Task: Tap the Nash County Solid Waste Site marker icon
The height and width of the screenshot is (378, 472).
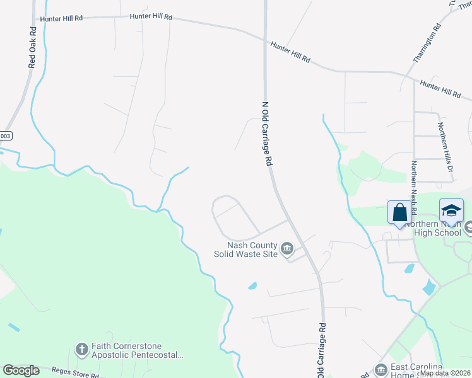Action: [x=287, y=249]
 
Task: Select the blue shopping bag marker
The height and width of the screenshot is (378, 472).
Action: [x=399, y=212]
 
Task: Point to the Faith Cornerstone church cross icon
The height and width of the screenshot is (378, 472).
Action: [x=81, y=348]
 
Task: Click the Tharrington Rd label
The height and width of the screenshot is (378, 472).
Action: [x=435, y=43]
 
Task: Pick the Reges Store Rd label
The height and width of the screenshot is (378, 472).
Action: [x=75, y=374]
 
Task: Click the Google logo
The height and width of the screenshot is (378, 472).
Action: [x=21, y=370]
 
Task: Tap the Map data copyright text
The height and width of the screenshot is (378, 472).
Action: [x=445, y=373]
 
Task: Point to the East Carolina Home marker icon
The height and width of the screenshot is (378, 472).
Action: [x=381, y=370]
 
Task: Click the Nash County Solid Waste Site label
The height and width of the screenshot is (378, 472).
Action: [x=252, y=249]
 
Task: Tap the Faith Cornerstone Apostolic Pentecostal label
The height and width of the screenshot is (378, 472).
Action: [x=136, y=350]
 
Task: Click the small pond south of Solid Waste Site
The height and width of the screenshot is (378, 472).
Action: [x=253, y=285]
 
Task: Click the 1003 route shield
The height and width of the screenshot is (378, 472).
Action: [x=5, y=135]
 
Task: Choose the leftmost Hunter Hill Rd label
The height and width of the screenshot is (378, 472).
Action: [x=61, y=19]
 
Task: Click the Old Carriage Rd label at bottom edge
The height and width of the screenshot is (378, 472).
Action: [x=322, y=352]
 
